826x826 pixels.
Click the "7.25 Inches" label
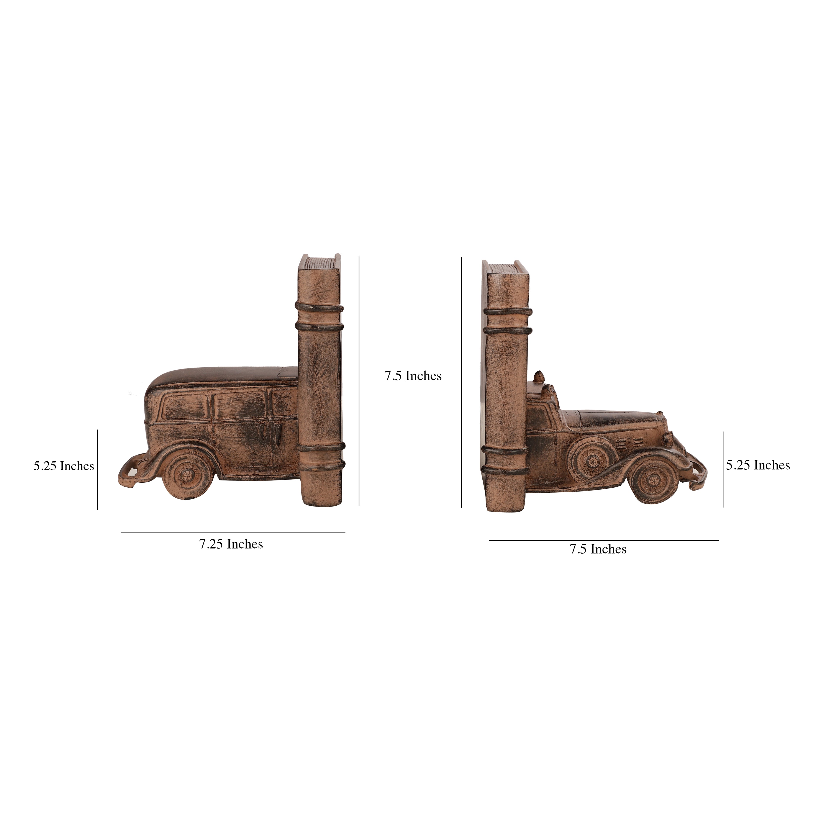tap(231, 544)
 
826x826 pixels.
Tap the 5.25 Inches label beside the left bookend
tap(64, 466)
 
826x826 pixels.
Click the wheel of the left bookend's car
tap(187, 475)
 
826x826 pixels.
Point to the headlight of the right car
tap(668, 438)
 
